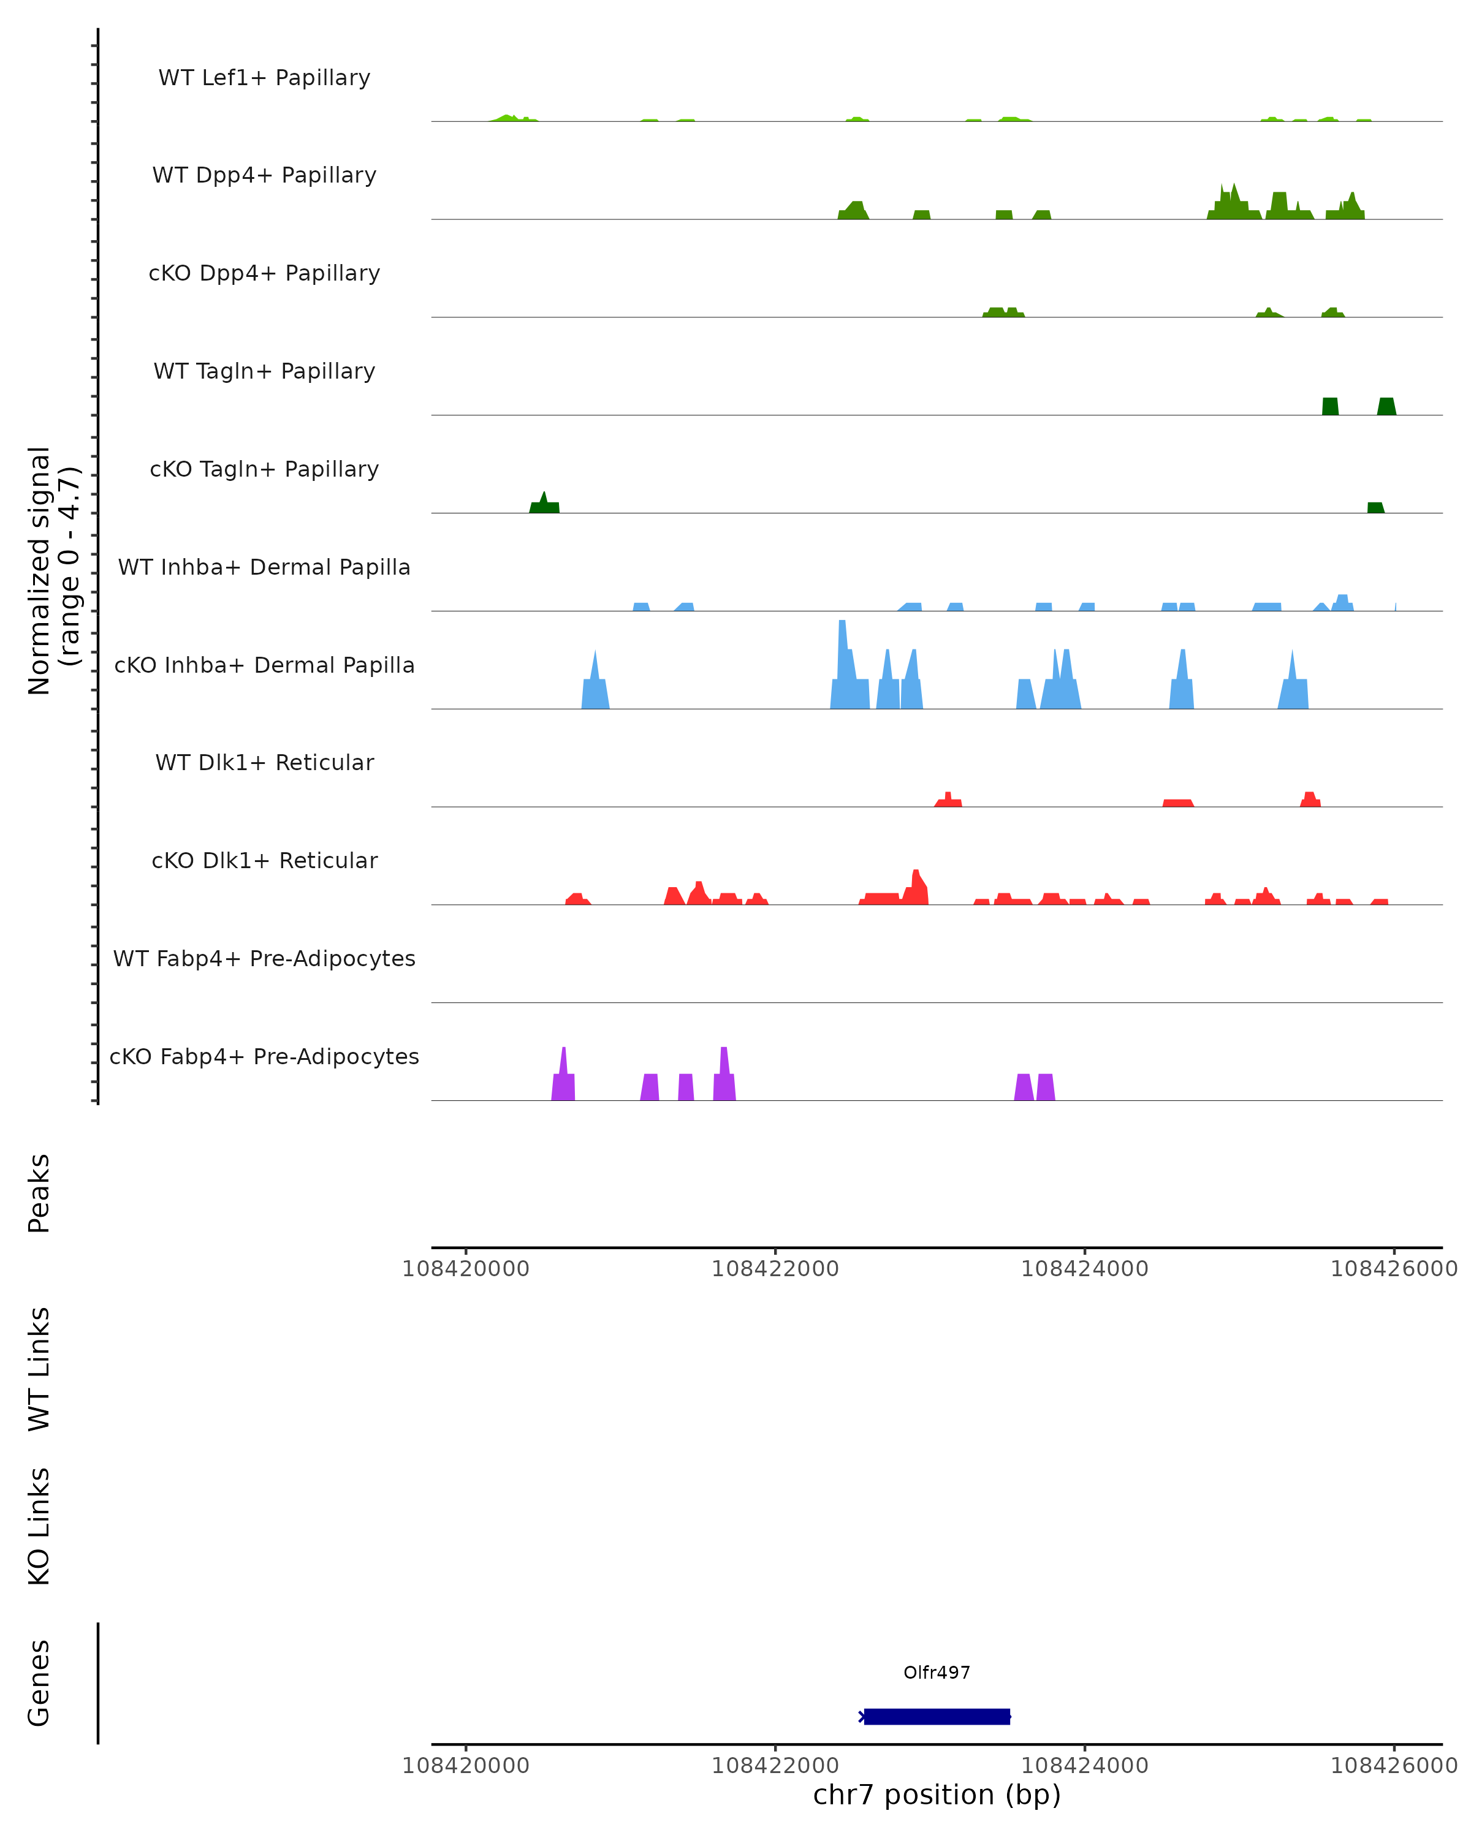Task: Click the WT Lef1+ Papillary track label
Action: coord(264,78)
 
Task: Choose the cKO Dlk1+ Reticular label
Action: coord(264,860)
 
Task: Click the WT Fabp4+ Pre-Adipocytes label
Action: coord(264,958)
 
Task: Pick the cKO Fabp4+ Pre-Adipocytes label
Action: coord(264,1056)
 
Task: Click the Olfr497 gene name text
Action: coord(937,1673)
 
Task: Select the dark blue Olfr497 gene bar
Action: coord(937,1716)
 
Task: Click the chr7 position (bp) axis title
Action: coord(937,1795)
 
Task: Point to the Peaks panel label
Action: coord(39,1193)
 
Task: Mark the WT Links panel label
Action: coord(39,1367)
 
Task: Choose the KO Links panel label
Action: coord(39,1526)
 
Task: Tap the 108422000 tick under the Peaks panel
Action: coord(775,1269)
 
